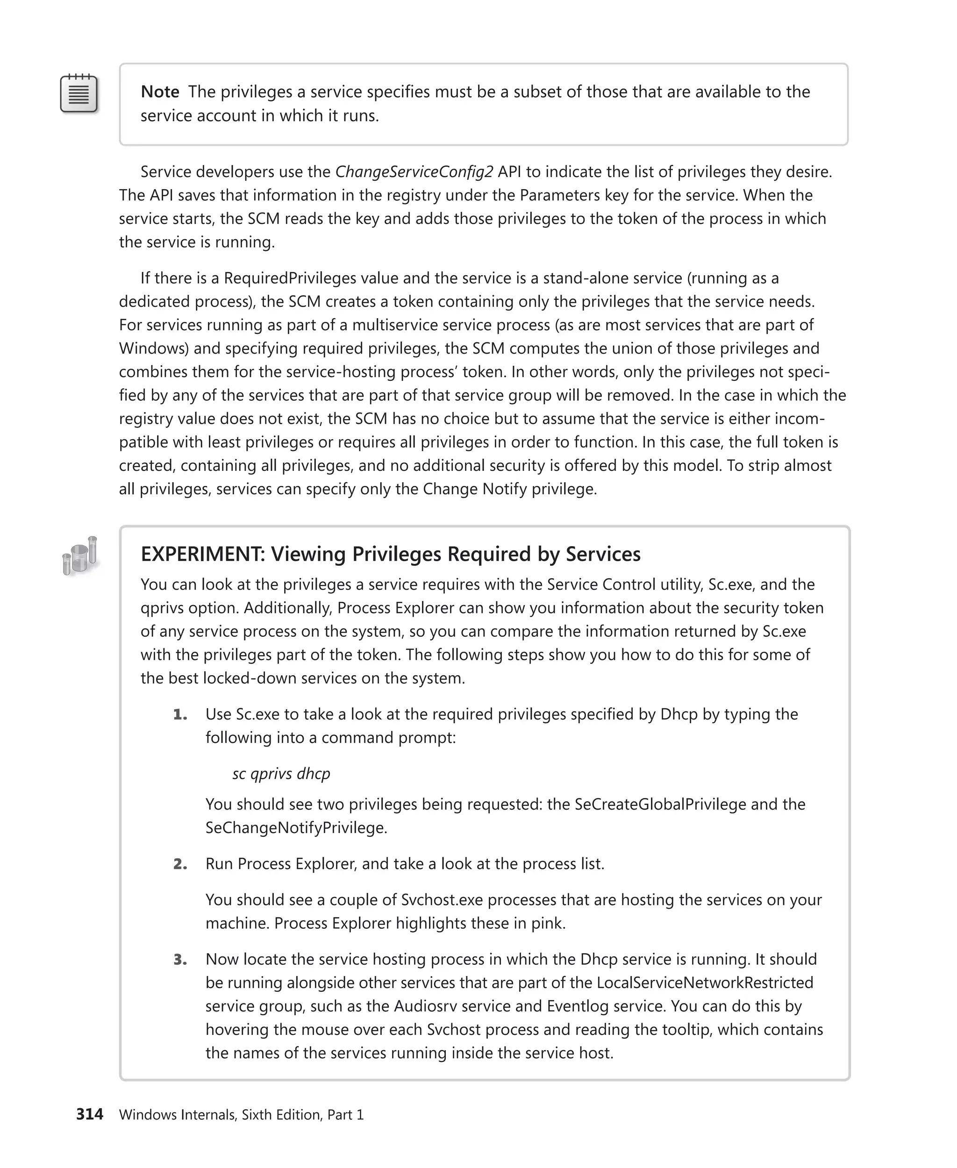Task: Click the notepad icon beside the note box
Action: (x=79, y=94)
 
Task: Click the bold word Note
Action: (x=159, y=92)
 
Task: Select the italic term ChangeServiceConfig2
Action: (x=414, y=172)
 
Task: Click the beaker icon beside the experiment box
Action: (x=80, y=556)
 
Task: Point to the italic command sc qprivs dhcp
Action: (x=281, y=773)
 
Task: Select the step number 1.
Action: (x=180, y=715)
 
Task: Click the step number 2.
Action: (x=180, y=864)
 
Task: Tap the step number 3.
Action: (x=180, y=960)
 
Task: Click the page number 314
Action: (x=89, y=1115)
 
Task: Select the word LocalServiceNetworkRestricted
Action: (x=705, y=983)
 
